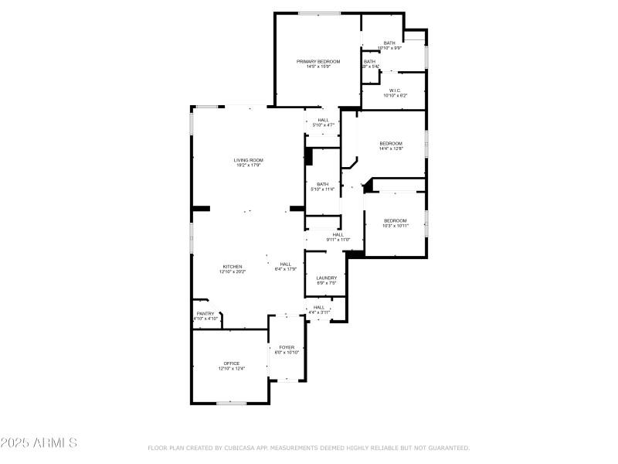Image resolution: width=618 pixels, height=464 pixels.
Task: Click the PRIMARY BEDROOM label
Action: click(318, 61)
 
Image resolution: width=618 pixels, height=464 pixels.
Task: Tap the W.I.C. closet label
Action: click(394, 90)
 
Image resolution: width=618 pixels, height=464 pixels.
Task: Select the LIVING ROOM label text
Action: click(248, 160)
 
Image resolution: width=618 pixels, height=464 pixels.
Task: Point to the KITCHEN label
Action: click(233, 266)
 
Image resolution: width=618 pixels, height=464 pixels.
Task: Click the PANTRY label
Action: click(205, 313)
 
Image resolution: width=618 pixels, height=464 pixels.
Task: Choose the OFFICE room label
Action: click(232, 363)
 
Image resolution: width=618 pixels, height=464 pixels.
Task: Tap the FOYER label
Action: click(287, 347)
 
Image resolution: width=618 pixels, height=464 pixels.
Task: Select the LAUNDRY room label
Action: click(326, 278)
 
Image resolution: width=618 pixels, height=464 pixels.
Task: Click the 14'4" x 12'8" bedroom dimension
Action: click(391, 148)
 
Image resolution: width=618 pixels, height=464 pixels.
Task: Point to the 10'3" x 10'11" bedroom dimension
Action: click(396, 226)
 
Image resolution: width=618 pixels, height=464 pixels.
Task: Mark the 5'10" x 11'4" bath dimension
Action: click(322, 189)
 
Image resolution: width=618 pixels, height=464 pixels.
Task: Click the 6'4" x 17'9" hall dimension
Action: click(286, 269)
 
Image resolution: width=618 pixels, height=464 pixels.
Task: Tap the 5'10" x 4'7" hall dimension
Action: click(322, 125)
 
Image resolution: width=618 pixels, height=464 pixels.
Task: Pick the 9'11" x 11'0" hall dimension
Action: click(338, 240)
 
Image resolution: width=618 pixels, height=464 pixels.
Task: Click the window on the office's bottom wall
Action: click(231, 403)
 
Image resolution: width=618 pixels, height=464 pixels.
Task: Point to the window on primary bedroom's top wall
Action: click(319, 12)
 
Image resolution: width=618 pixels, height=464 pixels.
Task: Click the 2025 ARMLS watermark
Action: click(39, 443)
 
